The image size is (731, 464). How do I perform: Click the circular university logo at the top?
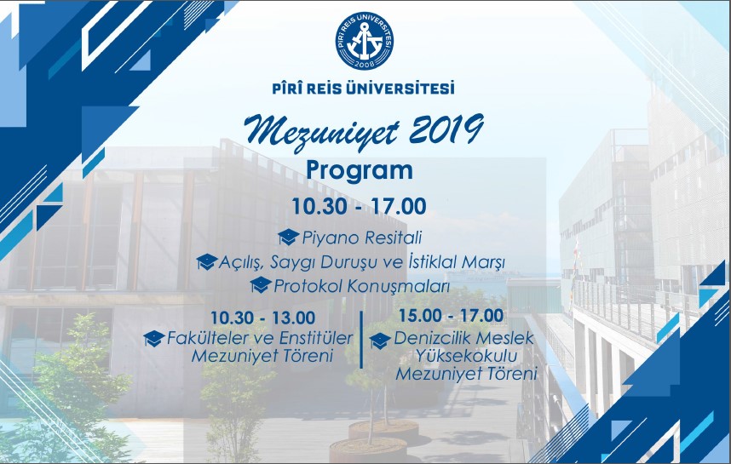tap(364, 42)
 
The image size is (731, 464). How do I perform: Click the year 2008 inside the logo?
tap(364, 64)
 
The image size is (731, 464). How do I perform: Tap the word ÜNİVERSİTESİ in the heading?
tap(401, 88)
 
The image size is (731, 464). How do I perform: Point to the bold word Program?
tap(360, 170)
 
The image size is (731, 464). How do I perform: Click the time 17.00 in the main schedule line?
tap(399, 206)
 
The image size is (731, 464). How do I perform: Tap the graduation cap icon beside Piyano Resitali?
tap(289, 237)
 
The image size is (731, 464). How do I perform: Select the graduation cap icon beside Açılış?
tap(207, 261)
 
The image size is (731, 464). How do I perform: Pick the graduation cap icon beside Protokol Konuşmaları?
tap(261, 284)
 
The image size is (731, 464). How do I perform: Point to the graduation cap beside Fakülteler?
tap(154, 338)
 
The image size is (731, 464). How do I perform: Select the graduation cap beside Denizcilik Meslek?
tap(380, 341)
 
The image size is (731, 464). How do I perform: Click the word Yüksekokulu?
tap(467, 357)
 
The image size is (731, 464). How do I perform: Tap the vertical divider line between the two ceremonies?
tap(362, 340)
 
